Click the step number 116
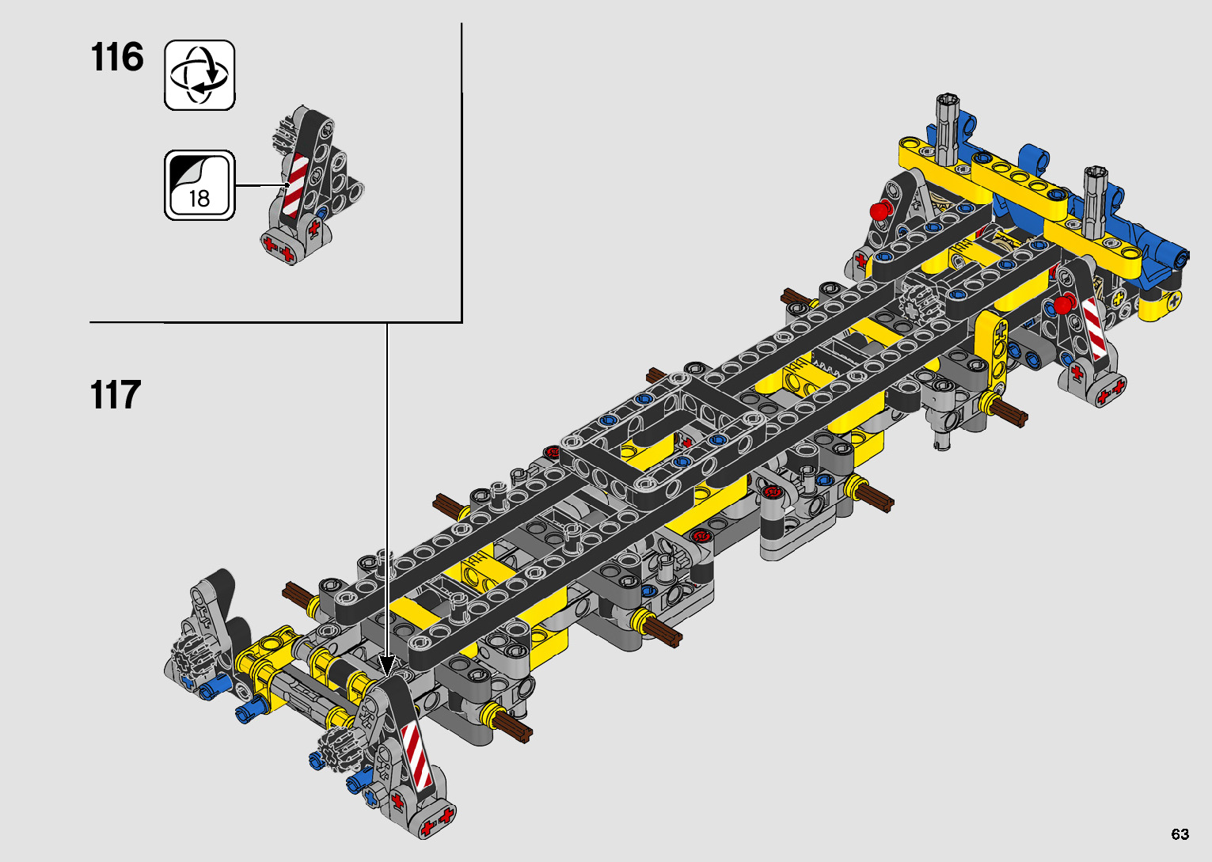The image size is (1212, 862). pyautogui.click(x=117, y=57)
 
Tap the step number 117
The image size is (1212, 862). pyautogui.click(x=116, y=394)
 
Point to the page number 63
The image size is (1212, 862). pyautogui.click(x=1180, y=834)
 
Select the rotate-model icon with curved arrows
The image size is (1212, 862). pyautogui.click(x=199, y=75)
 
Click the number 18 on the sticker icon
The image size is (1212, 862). pyautogui.click(x=199, y=199)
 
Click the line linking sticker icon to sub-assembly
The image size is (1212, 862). pyautogui.click(x=262, y=185)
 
